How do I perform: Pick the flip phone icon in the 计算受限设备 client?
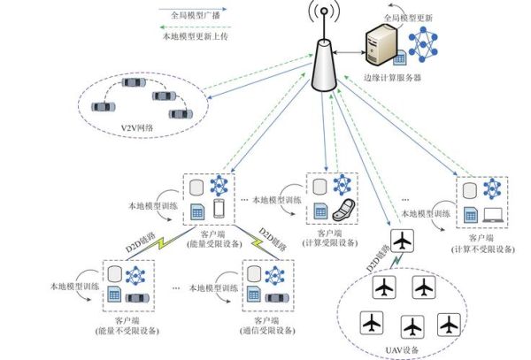342,211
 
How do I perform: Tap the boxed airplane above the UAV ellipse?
402,241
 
